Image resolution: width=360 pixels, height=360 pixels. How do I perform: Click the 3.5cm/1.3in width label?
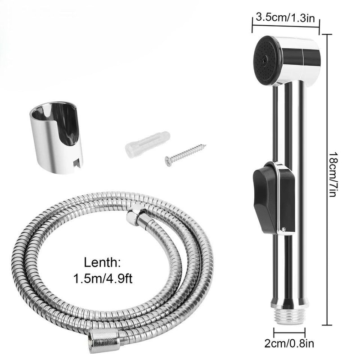pos(285,18)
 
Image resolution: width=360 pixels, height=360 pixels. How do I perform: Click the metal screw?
pos(184,153)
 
